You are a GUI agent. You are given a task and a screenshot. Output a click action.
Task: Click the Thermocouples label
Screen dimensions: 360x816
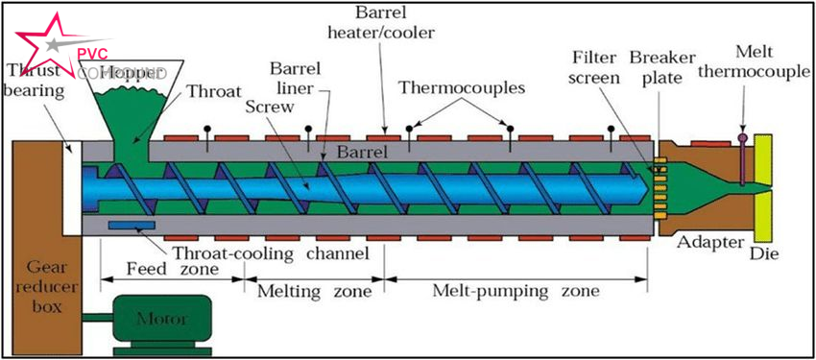click(x=462, y=88)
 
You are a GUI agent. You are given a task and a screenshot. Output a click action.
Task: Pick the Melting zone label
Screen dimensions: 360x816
click(x=313, y=289)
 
